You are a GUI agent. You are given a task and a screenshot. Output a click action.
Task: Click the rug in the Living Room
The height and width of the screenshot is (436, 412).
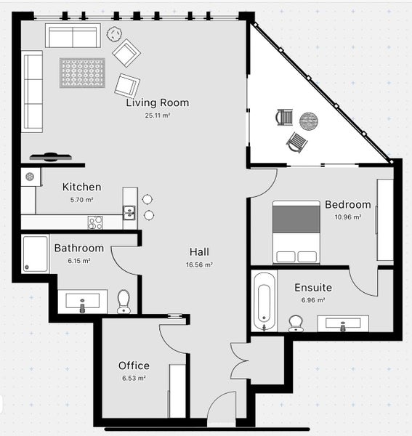coord(82,73)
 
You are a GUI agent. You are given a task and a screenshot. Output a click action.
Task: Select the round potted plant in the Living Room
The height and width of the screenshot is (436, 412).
coord(114,33)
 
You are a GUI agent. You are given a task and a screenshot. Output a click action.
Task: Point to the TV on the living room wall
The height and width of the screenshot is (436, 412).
coord(51,156)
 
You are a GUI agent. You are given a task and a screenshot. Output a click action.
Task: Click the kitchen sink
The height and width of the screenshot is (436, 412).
coord(129,212)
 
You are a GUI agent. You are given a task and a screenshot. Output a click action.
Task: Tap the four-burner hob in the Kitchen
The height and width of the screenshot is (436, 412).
coord(95,222)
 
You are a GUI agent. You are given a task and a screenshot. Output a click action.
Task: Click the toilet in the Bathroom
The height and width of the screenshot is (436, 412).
coord(124,301)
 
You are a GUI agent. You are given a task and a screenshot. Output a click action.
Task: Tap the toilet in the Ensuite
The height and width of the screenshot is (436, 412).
coord(296,323)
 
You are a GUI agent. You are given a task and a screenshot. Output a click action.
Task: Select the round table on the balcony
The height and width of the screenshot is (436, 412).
coord(309,121)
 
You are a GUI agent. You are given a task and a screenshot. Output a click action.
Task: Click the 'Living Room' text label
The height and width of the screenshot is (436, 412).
coord(157,102)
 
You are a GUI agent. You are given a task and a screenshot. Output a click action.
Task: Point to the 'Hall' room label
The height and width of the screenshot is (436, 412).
coord(199,251)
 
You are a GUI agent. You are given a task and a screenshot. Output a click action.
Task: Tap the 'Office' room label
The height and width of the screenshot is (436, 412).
coord(134,366)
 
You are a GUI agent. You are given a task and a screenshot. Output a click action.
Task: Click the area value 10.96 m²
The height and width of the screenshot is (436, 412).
coord(347,217)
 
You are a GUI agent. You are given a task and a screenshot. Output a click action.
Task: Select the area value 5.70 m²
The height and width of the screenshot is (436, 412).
coord(81,199)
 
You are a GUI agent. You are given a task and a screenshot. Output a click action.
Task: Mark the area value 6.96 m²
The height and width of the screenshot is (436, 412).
coord(313,299)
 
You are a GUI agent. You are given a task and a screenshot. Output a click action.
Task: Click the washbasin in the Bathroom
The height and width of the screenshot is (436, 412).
coord(82,301)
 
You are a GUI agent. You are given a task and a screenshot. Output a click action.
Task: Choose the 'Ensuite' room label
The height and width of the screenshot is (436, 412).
coord(313,287)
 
